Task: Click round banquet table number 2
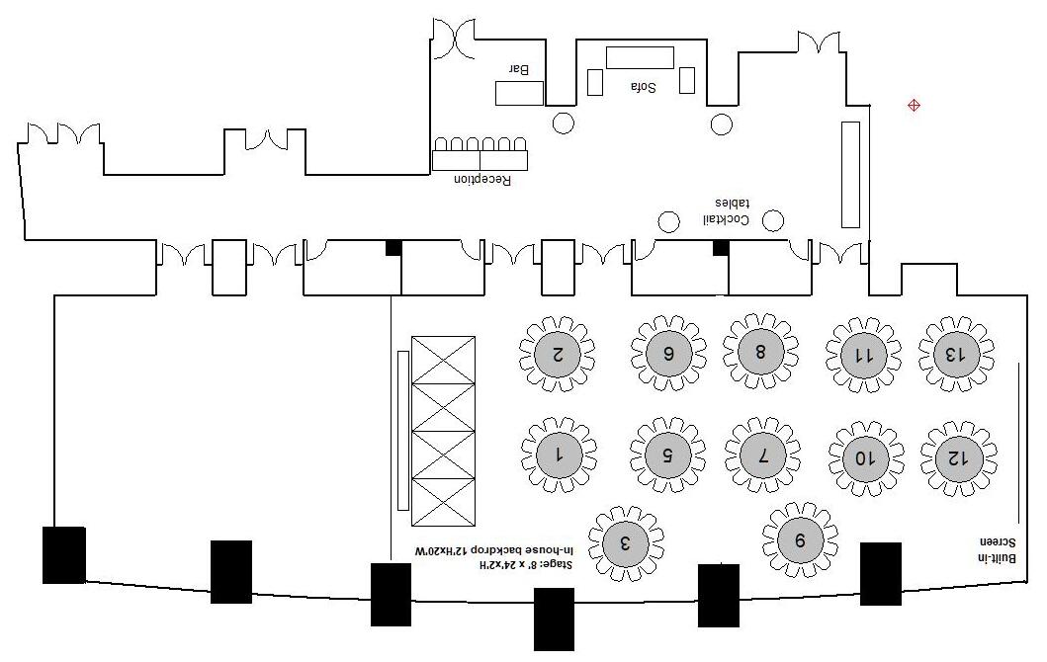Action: point(558,353)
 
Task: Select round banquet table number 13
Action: point(955,353)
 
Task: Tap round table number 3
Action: point(625,542)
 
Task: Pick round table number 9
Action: point(800,539)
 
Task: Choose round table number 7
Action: point(762,455)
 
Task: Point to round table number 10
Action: point(865,457)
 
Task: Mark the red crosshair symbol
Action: point(915,105)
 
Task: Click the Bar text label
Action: point(519,69)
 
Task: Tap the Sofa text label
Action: point(644,87)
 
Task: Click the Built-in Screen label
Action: point(997,549)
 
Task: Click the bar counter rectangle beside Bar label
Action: point(519,93)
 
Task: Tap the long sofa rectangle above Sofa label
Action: point(640,57)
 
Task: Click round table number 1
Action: point(559,455)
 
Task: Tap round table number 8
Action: point(760,352)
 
